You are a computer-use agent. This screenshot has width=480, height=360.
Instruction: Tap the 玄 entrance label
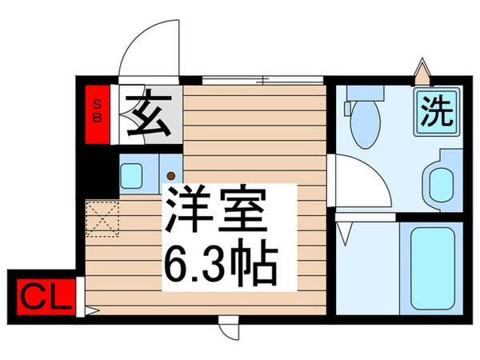click(x=150, y=114)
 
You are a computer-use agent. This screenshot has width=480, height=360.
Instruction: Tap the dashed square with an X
click(x=102, y=218)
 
